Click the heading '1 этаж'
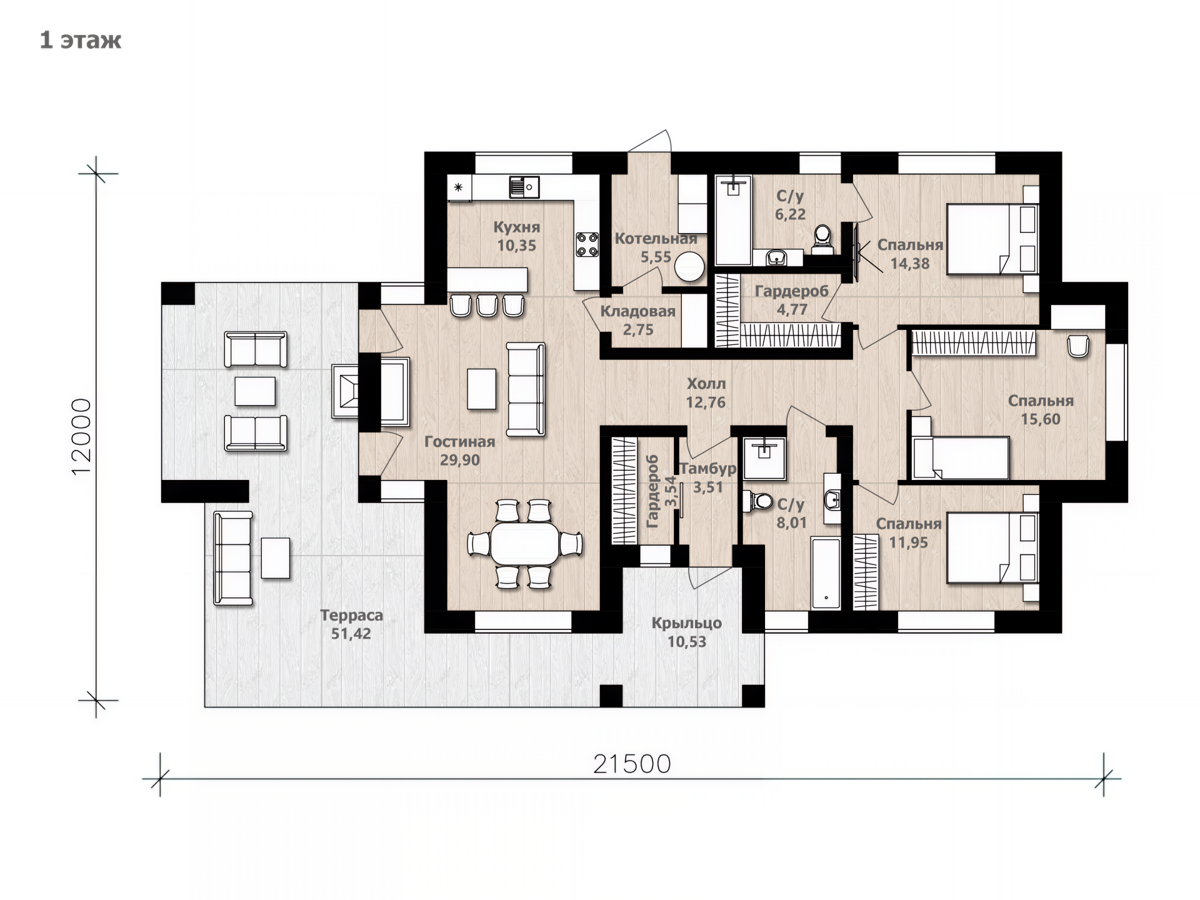[81, 40]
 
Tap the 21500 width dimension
[632, 764]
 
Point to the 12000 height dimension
[81, 437]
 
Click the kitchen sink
[524, 187]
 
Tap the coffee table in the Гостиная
[482, 389]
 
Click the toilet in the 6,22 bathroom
[822, 239]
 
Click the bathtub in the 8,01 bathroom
[826, 572]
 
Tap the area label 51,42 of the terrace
[351, 634]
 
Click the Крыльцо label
[686, 623]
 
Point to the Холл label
[706, 384]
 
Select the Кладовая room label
[637, 311]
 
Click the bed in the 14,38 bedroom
[992, 239]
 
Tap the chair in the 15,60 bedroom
[1078, 346]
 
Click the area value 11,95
[908, 542]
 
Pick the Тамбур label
[708, 469]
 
